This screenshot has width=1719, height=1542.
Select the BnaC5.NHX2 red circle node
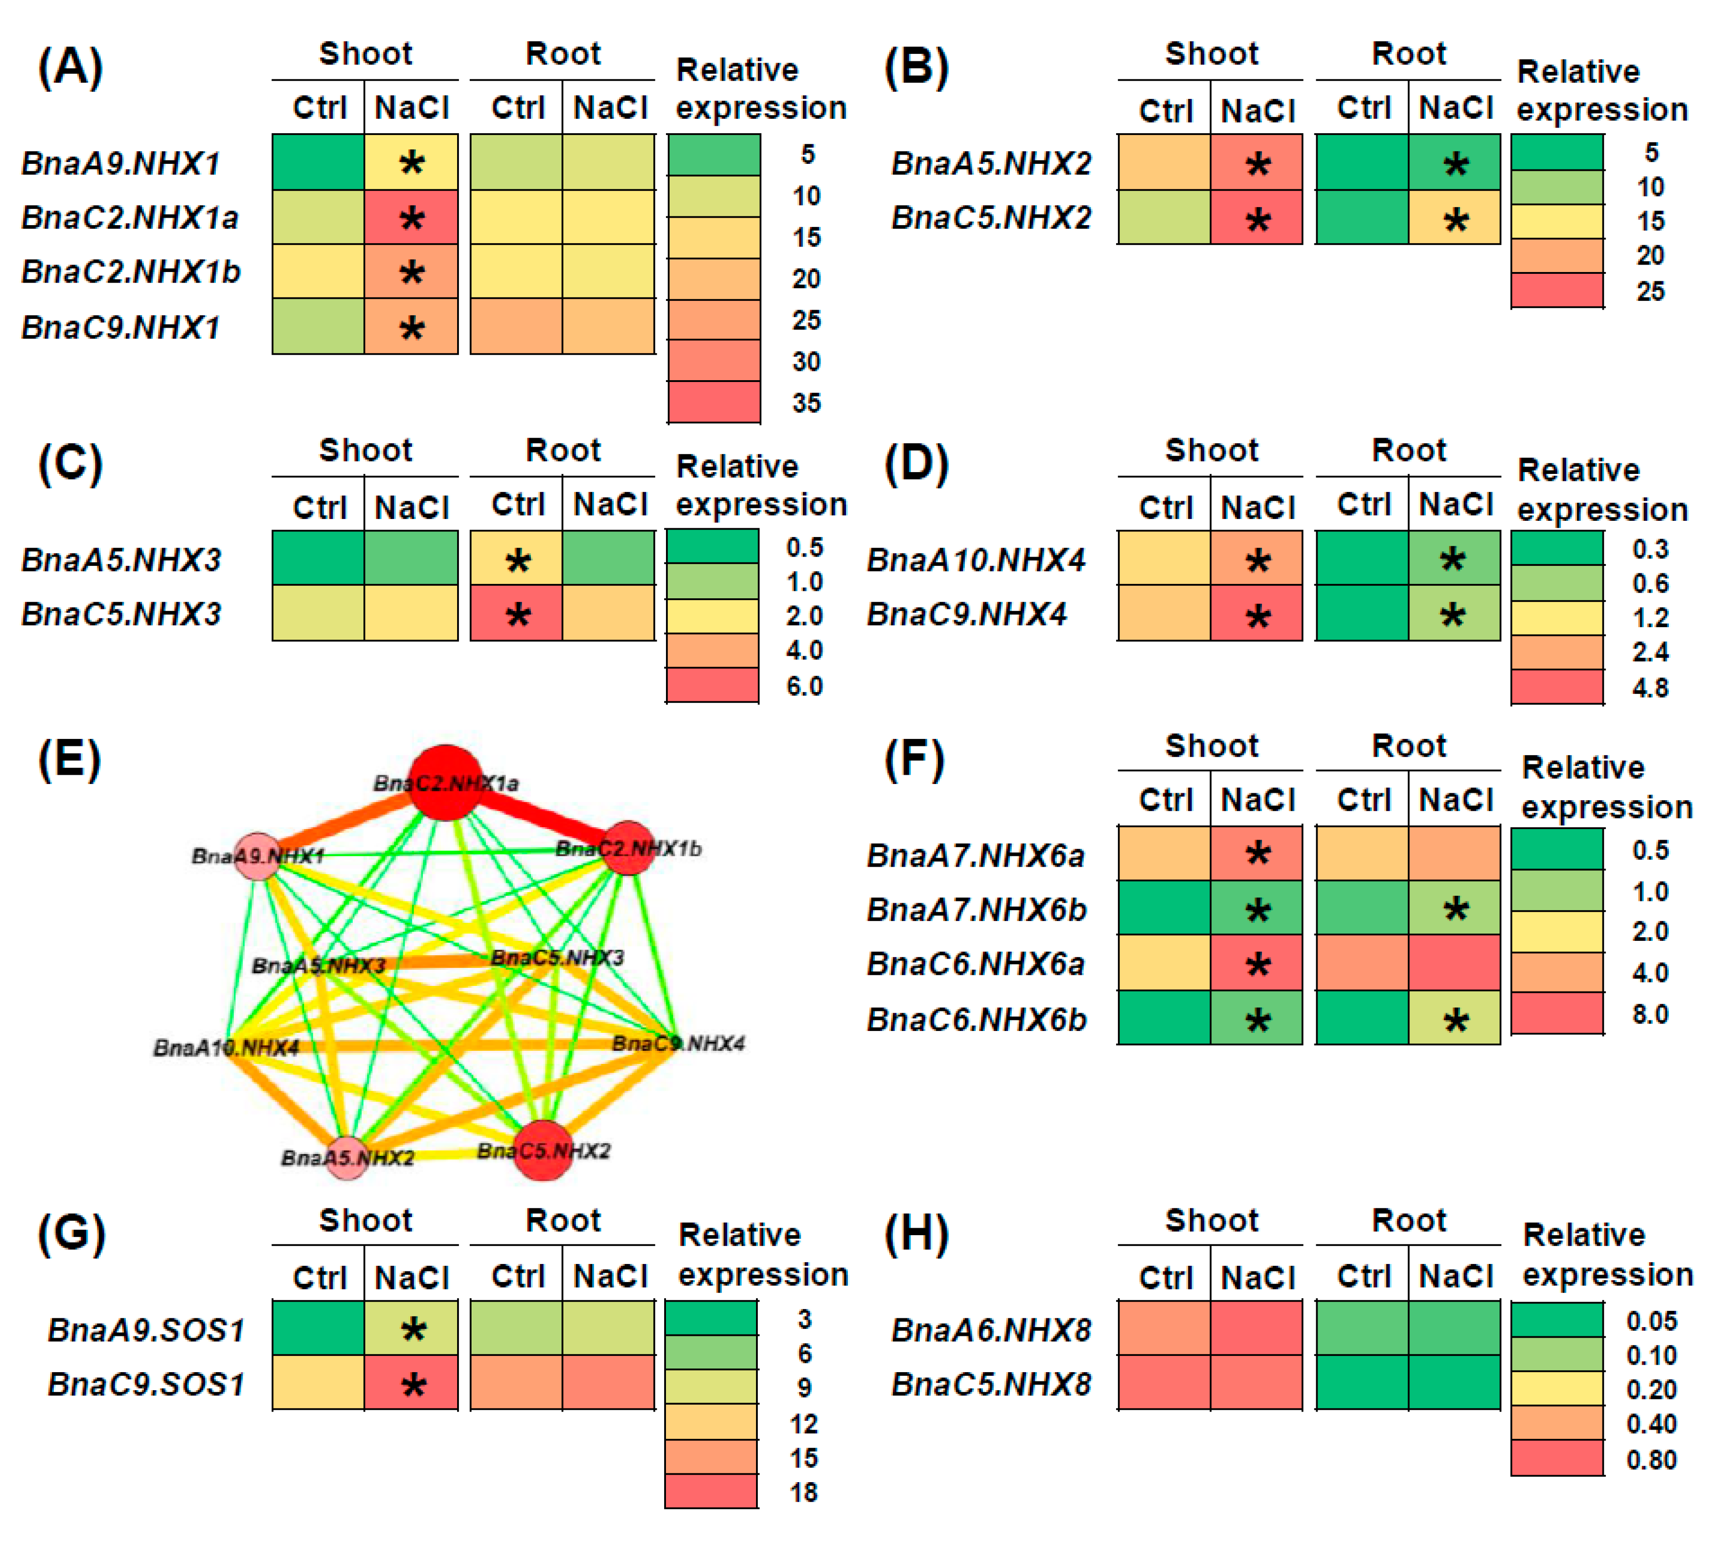[543, 1150]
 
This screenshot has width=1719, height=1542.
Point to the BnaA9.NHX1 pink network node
[258, 856]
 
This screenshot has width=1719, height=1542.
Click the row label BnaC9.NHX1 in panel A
[121, 327]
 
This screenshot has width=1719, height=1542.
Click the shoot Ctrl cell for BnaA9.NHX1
[318, 162]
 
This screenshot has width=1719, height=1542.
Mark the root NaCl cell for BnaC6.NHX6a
[1454, 963]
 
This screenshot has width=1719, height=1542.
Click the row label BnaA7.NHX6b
[976, 910]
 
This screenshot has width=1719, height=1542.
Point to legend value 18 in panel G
[803, 1492]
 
